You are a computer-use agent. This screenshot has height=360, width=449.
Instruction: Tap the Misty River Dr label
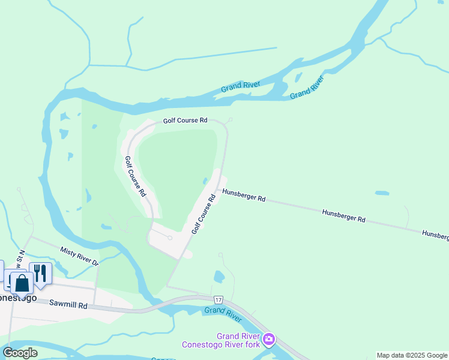tap(79, 255)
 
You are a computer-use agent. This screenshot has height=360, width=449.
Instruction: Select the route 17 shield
tap(217, 299)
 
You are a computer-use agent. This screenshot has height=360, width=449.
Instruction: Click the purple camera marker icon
tap(269, 340)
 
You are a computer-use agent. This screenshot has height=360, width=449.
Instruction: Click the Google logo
tap(20, 353)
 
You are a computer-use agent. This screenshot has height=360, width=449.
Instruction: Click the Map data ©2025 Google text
tap(412, 355)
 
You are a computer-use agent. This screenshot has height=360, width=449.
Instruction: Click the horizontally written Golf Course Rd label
tap(185, 121)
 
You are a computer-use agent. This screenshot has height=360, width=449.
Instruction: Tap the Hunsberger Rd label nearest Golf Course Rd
tap(244, 195)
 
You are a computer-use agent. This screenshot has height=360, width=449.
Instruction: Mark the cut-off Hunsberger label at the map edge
tap(435, 235)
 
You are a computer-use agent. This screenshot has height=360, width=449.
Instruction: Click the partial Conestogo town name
tap(18, 297)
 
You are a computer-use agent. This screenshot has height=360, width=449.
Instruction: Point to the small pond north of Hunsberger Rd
tap(382, 193)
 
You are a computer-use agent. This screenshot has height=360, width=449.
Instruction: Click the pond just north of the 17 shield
tap(218, 277)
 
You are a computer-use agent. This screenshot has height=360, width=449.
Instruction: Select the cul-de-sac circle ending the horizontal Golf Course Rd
tap(230, 120)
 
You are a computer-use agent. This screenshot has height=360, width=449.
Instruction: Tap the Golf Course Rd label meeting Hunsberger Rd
tap(203, 214)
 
